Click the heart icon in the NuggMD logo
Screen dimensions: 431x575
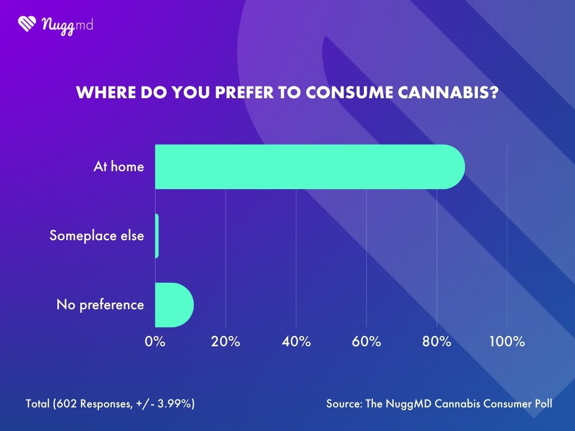pyautogui.click(x=28, y=24)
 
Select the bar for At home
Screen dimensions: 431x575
pyautogui.click(x=309, y=167)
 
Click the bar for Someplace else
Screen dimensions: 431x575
pyautogui.click(x=157, y=236)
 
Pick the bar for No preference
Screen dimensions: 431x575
pyautogui.click(x=174, y=305)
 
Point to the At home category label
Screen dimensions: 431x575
pyautogui.click(x=118, y=167)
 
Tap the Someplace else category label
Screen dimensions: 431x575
pyautogui.click(x=97, y=236)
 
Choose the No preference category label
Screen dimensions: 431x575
pyautogui.click(x=100, y=305)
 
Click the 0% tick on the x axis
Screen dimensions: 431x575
pyautogui.click(x=155, y=342)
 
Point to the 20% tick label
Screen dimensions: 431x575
pyautogui.click(x=225, y=342)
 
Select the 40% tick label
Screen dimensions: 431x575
pyautogui.click(x=296, y=342)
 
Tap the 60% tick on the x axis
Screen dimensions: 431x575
pyautogui.click(x=366, y=342)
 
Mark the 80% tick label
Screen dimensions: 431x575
pyautogui.click(x=437, y=342)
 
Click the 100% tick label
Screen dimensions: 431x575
pyautogui.click(x=507, y=342)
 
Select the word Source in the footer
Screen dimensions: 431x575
pyautogui.click(x=344, y=404)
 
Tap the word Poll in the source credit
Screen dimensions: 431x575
pyautogui.click(x=542, y=404)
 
